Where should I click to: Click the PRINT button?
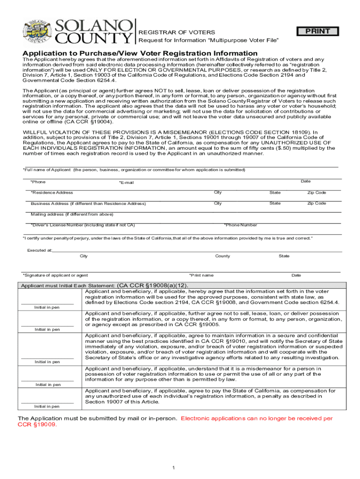(x=318, y=31)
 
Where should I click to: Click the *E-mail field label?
(x=126, y=182)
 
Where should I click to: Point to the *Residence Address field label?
(x=51, y=193)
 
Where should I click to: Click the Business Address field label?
(x=88, y=204)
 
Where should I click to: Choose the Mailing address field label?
(x=72, y=214)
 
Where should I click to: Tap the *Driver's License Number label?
(x=83, y=225)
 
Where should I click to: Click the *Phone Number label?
(x=240, y=225)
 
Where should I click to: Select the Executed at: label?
(x=39, y=250)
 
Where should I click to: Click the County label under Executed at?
(x=223, y=256)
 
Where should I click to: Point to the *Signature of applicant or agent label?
(x=55, y=275)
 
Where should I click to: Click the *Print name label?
(x=201, y=275)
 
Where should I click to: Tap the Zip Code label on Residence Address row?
(x=317, y=193)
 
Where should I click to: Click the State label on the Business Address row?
(x=275, y=203)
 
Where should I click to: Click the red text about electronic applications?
(x=257, y=418)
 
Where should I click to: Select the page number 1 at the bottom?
(x=173, y=468)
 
